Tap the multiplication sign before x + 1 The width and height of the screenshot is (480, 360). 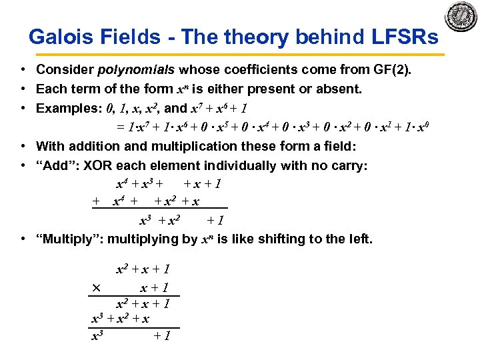(x=96, y=288)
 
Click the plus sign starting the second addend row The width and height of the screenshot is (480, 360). (x=96, y=201)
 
